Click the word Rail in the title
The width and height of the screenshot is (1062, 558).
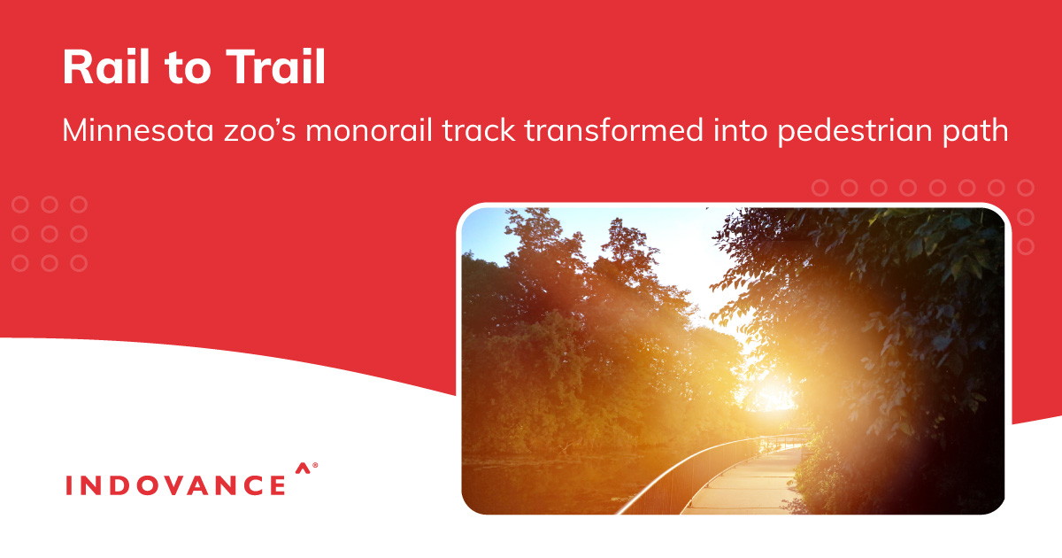pos(106,66)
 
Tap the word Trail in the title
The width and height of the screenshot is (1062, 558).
pos(275,66)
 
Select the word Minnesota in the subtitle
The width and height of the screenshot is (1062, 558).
pos(138,130)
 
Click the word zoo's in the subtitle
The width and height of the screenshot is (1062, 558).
pos(260,131)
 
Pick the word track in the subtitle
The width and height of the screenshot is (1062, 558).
pos(479,130)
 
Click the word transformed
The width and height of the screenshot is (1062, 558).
pos(614,130)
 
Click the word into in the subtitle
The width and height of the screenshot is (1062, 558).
pos(741,130)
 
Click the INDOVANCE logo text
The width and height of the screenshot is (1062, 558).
pos(175,485)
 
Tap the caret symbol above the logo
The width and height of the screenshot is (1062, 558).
pos(303,469)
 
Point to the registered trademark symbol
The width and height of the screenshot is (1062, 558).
pos(315,466)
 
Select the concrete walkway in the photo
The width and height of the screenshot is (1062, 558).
pos(744,484)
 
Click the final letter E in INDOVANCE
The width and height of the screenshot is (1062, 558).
pos(278,485)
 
